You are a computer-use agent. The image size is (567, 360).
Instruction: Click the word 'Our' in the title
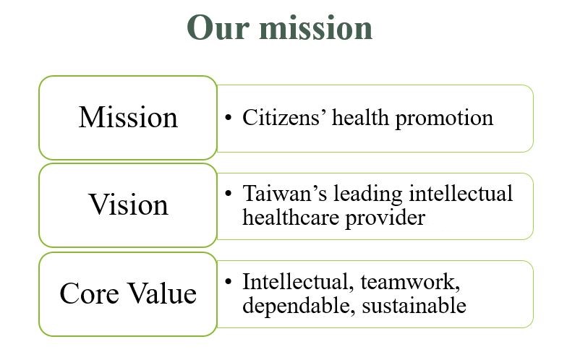[x=218, y=27]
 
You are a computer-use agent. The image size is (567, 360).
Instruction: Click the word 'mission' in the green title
[x=315, y=27]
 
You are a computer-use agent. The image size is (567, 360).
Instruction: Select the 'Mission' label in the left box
[x=128, y=117]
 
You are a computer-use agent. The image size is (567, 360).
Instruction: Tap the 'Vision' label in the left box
[x=128, y=204]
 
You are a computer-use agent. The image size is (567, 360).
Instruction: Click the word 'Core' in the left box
[x=90, y=293]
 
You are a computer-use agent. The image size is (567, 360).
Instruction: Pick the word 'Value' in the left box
[x=163, y=293]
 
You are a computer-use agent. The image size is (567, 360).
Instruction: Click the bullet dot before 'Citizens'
[x=228, y=118]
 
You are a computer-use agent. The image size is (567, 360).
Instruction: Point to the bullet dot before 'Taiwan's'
[x=228, y=194]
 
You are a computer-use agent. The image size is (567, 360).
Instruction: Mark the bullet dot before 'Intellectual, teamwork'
[x=228, y=282]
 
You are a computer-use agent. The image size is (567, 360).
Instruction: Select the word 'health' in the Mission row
[x=360, y=118]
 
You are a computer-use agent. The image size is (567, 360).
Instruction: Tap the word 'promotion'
[x=444, y=119]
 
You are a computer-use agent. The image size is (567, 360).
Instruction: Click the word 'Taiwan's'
[x=285, y=194]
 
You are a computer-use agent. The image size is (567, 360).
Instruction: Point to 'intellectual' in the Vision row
[x=461, y=193]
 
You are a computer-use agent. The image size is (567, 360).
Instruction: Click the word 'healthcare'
[x=291, y=217]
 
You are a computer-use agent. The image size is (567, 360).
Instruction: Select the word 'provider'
[x=385, y=218]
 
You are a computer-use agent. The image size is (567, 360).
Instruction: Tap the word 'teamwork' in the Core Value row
[x=410, y=282]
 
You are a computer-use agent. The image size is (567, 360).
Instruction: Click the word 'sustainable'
[x=414, y=305]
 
